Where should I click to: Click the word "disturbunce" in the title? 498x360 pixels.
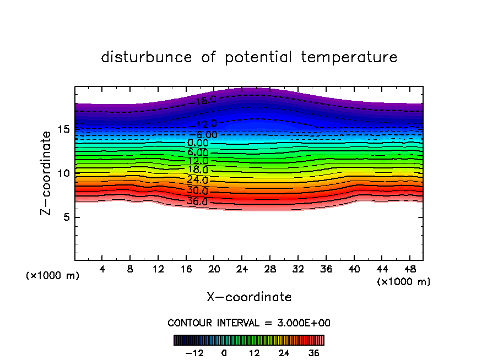(x=147, y=57)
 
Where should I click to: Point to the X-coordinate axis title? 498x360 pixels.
(x=249, y=297)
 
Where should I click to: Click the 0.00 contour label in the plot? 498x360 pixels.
(x=198, y=143)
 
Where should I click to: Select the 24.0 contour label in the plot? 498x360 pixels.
(x=197, y=180)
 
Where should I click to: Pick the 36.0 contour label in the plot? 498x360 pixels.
(x=197, y=201)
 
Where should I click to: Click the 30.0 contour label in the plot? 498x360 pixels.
(x=197, y=191)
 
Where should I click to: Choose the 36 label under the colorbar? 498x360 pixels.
(x=314, y=353)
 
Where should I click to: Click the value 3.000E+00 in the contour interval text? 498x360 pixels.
(x=300, y=323)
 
